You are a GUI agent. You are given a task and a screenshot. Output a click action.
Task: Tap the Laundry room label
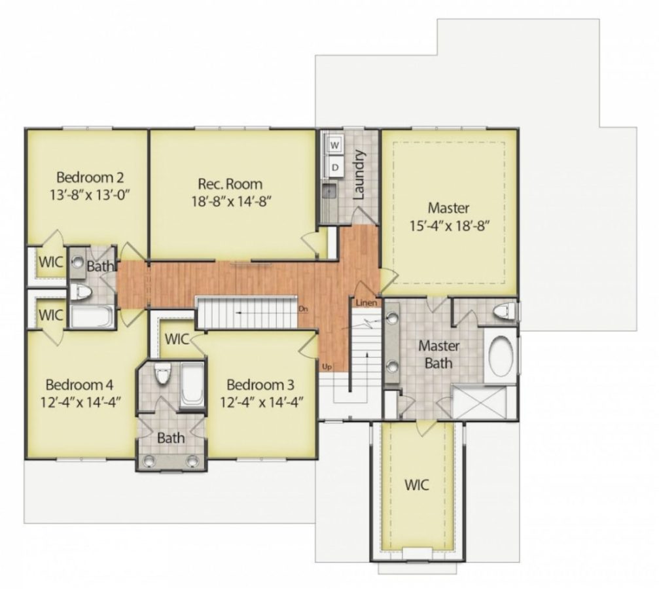359,175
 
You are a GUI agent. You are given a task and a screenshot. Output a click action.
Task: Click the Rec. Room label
230,183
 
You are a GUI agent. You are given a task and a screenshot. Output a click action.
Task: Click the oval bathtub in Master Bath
501,356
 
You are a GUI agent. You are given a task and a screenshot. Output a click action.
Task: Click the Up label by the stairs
327,366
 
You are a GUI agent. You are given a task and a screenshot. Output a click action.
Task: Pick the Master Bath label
438,353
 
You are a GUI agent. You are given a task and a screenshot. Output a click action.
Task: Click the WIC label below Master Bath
416,485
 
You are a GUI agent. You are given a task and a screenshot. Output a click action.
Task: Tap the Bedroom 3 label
260,384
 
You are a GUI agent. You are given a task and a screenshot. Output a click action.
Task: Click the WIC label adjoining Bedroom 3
177,339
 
